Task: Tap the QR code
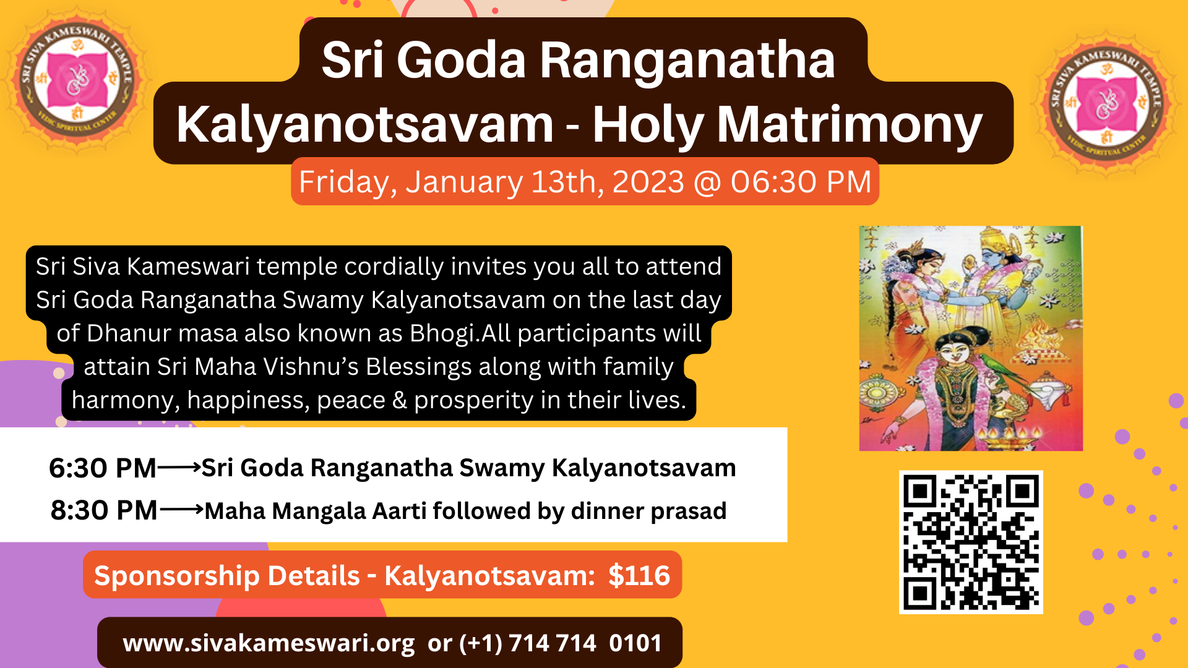[x=971, y=542]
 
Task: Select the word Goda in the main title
[x=461, y=60]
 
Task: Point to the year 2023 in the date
[x=648, y=182]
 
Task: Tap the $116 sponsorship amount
[x=639, y=576]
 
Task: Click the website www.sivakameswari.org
[x=269, y=644]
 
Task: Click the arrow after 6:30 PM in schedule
[x=179, y=468]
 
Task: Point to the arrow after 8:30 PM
[x=182, y=510]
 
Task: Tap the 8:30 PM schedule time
[x=104, y=511]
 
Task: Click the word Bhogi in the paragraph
[x=442, y=334]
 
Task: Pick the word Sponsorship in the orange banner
[x=227, y=576]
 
